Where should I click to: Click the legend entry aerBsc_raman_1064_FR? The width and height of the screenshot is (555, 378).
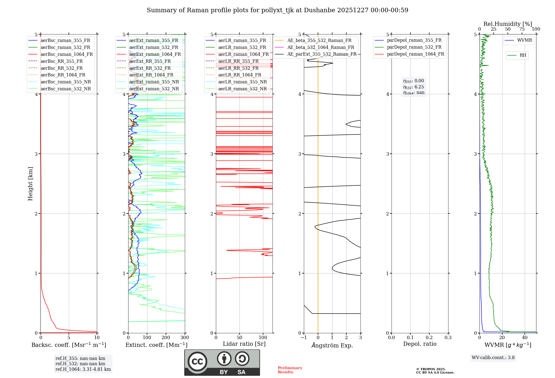click(x=67, y=54)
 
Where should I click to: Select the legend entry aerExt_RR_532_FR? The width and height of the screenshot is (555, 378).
click(x=150, y=68)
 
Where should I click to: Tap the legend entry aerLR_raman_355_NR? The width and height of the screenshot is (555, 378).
click(x=242, y=82)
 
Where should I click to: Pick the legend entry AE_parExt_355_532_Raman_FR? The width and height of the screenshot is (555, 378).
click(x=322, y=54)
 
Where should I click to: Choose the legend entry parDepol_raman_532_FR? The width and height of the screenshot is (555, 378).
click(x=414, y=47)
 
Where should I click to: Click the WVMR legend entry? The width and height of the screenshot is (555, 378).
click(x=524, y=40)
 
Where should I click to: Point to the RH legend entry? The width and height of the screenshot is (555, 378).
click(x=523, y=55)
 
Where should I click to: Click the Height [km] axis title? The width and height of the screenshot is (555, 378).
click(x=30, y=184)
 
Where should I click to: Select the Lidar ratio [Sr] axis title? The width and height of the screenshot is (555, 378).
click(x=244, y=344)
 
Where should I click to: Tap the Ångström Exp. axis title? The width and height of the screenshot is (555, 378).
click(x=332, y=345)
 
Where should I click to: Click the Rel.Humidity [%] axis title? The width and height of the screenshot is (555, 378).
click(x=508, y=24)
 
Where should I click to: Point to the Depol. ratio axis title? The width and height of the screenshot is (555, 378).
click(x=420, y=344)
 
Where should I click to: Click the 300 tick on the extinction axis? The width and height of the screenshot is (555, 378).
click(x=185, y=338)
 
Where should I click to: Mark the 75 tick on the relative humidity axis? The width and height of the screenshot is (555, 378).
click(x=522, y=29)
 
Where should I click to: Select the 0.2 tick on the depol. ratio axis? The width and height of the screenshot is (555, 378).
click(x=429, y=338)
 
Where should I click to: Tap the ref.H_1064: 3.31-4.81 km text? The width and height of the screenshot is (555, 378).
click(x=83, y=369)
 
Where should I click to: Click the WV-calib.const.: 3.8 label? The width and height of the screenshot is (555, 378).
click(x=493, y=358)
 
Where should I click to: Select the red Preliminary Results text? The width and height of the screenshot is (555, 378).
click(x=290, y=370)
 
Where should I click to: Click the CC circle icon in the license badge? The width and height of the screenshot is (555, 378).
click(x=197, y=361)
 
